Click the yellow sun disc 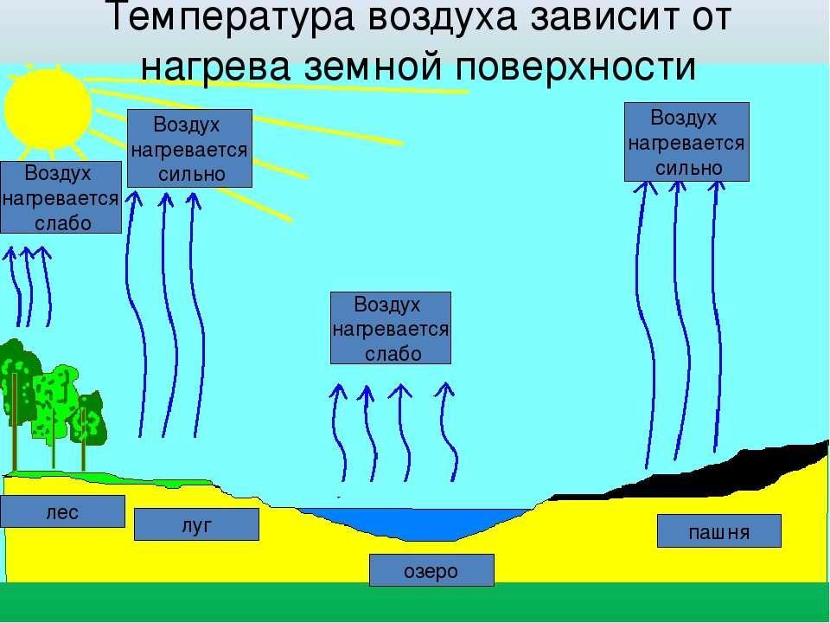pos(48,109)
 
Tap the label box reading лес pos(62,511)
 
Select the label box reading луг pos(196,524)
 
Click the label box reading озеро pos(431,570)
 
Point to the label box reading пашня pos(718,530)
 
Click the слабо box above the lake pos(391,328)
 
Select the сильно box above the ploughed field pos(686,142)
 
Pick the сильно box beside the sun pos(189,148)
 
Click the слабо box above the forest pos(61,197)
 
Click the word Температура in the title pos(231,17)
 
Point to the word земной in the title pos(372,67)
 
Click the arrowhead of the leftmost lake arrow pos(338,392)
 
